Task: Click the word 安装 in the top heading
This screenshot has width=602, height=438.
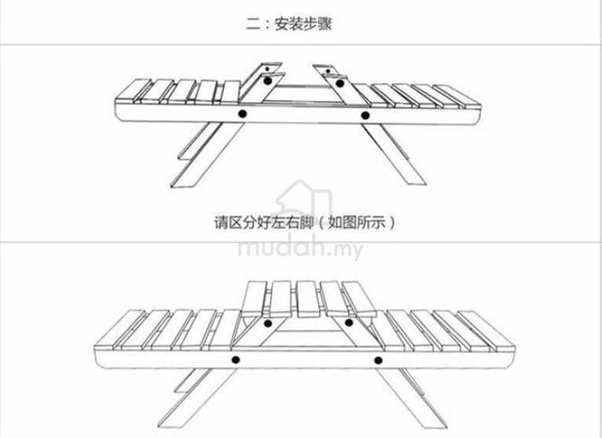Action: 289,24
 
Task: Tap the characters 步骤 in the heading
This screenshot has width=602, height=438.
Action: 317,24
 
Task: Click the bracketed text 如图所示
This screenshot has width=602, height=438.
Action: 356,222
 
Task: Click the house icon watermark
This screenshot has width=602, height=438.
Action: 303,198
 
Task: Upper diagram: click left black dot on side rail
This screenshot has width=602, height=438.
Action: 243,113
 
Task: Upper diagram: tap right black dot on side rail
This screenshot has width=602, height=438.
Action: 365,115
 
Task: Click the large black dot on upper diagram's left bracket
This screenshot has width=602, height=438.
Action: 267,81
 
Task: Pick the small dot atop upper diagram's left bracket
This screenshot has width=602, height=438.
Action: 267,69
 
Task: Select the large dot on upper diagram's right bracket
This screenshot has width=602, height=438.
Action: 340,83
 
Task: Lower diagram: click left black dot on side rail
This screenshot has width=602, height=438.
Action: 236,360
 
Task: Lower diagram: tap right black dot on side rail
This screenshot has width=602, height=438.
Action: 378,361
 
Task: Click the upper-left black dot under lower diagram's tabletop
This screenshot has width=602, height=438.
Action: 268,323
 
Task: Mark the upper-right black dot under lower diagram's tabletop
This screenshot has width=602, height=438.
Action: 349,322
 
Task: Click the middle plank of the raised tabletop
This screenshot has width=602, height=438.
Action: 308,300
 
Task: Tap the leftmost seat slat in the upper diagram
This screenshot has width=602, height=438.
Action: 134,91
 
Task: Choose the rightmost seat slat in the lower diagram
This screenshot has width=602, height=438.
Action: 487,331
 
